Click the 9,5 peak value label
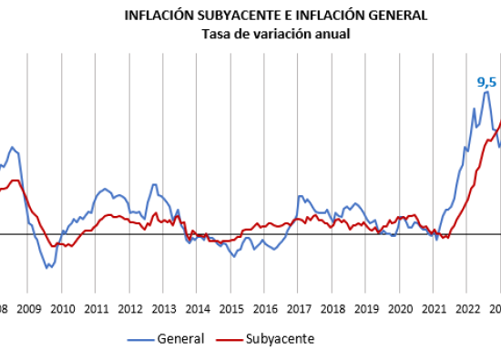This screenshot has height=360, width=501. pyautogui.click(x=486, y=83)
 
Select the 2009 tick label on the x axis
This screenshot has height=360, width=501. pyautogui.click(x=29, y=310)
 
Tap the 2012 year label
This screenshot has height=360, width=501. pyautogui.click(x=130, y=310)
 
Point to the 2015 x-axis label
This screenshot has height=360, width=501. pyautogui.click(x=231, y=310)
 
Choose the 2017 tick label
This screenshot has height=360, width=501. pyautogui.click(x=299, y=310)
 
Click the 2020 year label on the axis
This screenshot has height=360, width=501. pyautogui.click(x=401, y=310)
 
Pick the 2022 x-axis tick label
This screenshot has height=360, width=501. pyautogui.click(x=468, y=310)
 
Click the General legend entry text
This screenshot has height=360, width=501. pyautogui.click(x=181, y=339)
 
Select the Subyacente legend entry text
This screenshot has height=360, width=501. pyautogui.click(x=281, y=339)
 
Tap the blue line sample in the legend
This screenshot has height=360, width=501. pyautogui.click(x=140, y=340)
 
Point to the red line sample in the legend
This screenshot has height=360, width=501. pyautogui.click(x=229, y=340)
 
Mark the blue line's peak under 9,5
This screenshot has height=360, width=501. pyautogui.click(x=486, y=92)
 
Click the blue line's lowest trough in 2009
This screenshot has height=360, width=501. pyautogui.click(x=46, y=268)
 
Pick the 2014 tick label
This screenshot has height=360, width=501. pyautogui.click(x=198, y=310)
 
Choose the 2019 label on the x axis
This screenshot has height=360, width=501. pyautogui.click(x=366, y=310)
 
